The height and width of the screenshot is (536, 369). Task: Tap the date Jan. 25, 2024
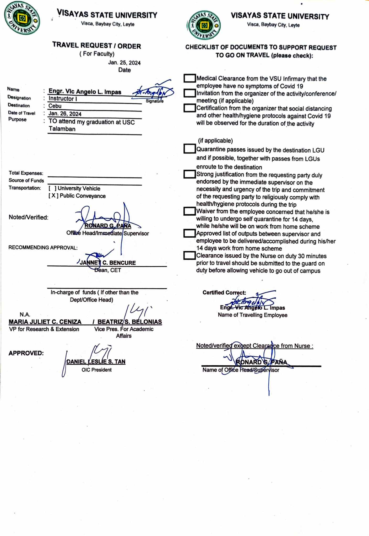124,63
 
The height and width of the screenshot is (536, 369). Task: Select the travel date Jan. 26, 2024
65,114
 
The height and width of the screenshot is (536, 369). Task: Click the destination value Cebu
55,106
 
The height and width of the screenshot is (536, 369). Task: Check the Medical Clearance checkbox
189,78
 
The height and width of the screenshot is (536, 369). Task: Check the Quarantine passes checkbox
189,149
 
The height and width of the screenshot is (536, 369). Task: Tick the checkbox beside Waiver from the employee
189,211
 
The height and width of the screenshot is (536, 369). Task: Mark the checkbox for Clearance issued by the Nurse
189,255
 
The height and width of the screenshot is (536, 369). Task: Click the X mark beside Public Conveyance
53,196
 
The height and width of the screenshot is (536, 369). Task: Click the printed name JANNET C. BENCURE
108,263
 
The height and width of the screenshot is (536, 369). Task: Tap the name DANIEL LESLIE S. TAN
96,362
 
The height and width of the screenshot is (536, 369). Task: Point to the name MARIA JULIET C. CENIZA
45,322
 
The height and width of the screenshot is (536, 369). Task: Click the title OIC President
96,370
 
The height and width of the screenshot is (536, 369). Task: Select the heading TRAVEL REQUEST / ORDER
96,46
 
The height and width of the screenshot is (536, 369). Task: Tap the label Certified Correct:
224,293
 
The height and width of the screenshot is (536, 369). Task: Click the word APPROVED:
26,353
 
